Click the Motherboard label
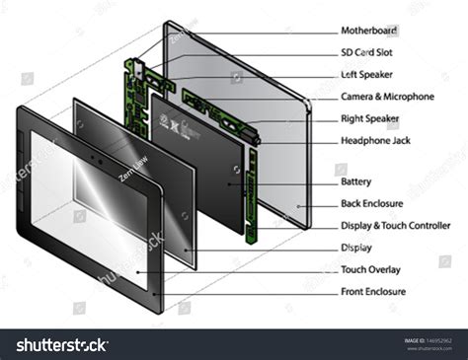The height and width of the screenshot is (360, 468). [368, 31]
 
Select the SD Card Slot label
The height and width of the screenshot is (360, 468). [368, 52]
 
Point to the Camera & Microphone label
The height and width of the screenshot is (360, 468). [387, 97]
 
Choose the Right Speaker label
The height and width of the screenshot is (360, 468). [370, 117]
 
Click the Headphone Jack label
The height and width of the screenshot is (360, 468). [374, 140]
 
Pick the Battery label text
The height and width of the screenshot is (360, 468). [356, 181]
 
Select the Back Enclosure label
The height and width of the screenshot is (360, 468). [371, 203]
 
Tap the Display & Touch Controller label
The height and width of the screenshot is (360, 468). [395, 225]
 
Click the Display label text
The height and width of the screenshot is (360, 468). [356, 247]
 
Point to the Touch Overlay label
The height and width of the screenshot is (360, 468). [370, 268]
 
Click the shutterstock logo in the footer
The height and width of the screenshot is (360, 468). [61, 345]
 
